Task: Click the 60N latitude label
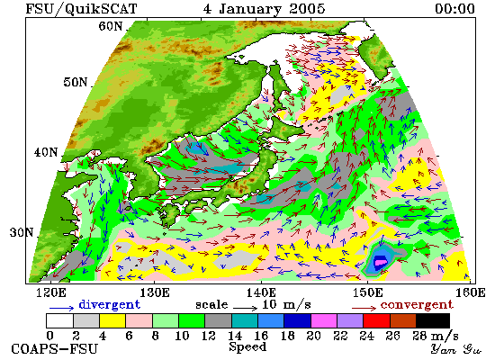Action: coord(111,26)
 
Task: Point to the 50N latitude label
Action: coord(75,82)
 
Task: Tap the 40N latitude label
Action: coord(46,152)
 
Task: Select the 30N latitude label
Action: coord(22,232)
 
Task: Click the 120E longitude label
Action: coord(51,292)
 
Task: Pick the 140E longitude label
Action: coord(261,292)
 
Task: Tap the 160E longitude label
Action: coord(471,292)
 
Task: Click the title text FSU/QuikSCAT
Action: coord(81,8)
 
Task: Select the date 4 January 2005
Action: coord(264,8)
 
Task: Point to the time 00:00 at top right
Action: coord(454,8)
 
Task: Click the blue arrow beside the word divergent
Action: coord(61,307)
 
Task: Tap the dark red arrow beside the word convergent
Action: coord(364,307)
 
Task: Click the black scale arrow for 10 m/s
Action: coord(246,307)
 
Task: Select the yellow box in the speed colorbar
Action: coord(112,320)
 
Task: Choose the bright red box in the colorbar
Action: coord(376,320)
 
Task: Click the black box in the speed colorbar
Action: coord(433,320)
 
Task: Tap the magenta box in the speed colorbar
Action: coord(324,320)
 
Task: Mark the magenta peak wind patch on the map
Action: coord(381,262)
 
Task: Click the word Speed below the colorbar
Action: coord(247,346)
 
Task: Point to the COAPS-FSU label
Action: coord(54,349)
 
